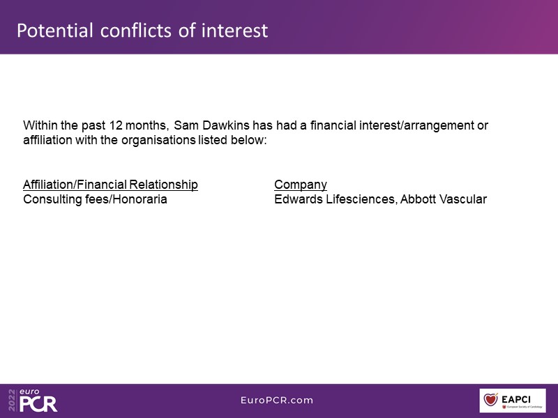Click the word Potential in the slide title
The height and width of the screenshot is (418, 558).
click(55, 31)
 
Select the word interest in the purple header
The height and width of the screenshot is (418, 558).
click(234, 31)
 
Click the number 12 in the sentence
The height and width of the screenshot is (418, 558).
click(116, 125)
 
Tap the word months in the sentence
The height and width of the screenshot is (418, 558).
click(146, 125)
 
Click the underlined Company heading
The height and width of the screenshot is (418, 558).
click(301, 185)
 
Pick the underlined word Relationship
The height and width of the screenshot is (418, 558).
click(163, 185)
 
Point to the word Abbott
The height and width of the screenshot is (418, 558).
click(418, 199)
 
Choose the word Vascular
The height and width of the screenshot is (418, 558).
click(463, 199)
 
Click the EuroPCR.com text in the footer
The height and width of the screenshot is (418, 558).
click(277, 400)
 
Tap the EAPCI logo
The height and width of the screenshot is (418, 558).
click(513, 401)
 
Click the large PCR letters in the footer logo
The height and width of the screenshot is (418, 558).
click(38, 404)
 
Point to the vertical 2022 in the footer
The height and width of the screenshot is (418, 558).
click(12, 400)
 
